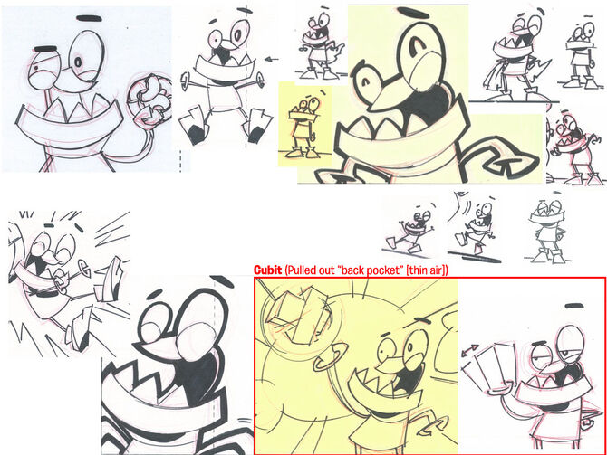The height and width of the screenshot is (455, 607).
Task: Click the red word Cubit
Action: tap(267, 270)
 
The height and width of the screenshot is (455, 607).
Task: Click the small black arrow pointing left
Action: tap(273, 60)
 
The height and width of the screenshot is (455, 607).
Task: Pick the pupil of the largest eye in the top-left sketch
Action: tap(78, 62)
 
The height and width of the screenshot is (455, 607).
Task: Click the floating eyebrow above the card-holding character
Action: tap(574, 306)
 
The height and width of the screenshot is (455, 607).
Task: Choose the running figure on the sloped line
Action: tap(410, 229)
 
